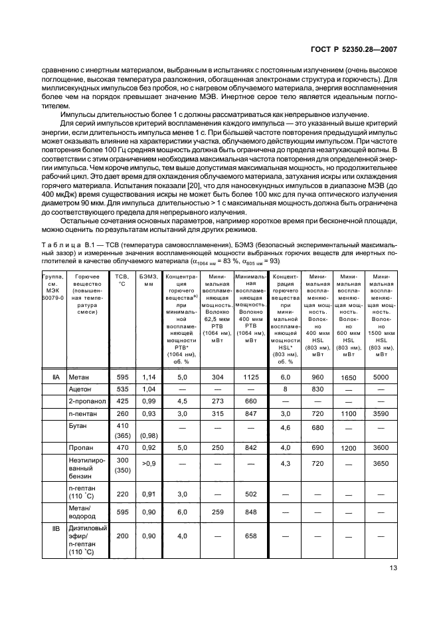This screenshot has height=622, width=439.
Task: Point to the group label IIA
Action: pyautogui.click(x=56, y=376)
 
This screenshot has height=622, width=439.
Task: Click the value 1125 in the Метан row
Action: pyautogui.click(x=250, y=376)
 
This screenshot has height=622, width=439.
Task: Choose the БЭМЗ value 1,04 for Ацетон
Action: pyautogui.click(x=148, y=389)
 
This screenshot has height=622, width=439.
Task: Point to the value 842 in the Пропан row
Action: pyautogui.click(x=250, y=449)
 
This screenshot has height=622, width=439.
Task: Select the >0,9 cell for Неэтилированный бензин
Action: pyautogui.click(x=148, y=462)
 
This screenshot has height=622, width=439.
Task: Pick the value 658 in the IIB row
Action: pyautogui.click(x=250, y=536)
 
